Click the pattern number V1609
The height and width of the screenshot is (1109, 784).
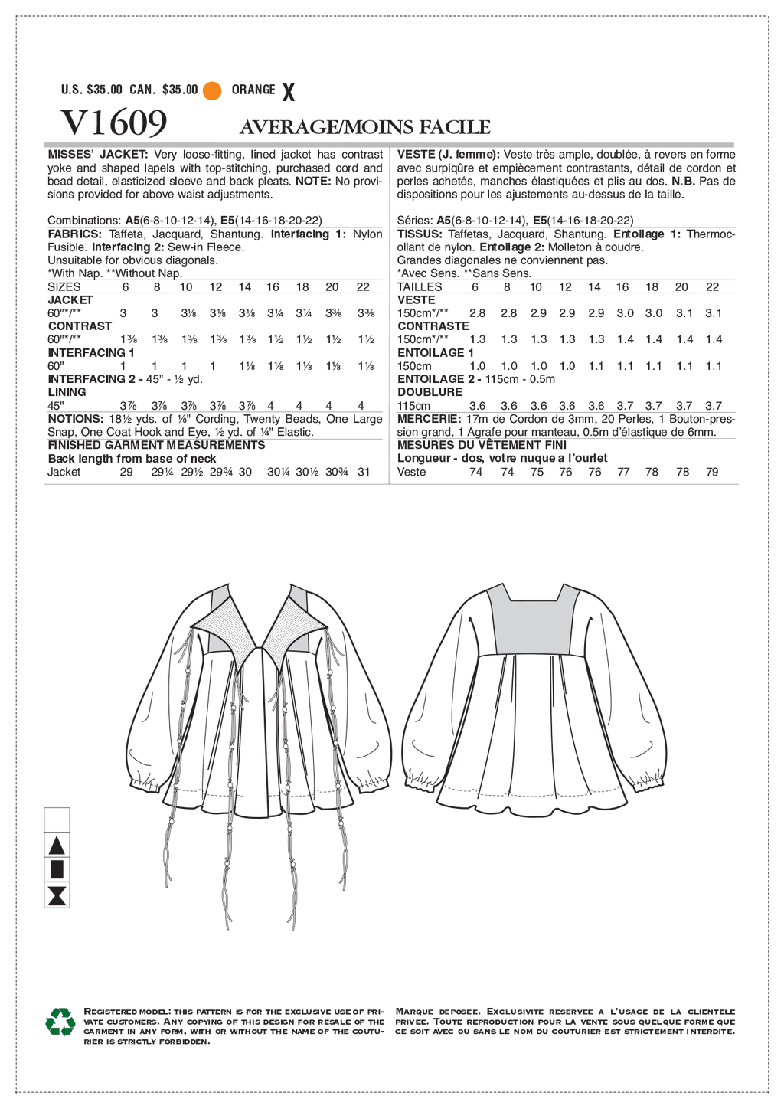pyautogui.click(x=114, y=123)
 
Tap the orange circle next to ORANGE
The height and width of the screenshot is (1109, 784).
pyautogui.click(x=212, y=90)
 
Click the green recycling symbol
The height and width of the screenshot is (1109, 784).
pyautogui.click(x=60, y=1022)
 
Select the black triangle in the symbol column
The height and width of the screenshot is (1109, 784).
pyautogui.click(x=57, y=846)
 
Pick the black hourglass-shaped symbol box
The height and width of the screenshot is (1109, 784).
pyautogui.click(x=57, y=895)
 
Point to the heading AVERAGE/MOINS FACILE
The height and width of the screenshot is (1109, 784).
pyautogui.click(x=365, y=127)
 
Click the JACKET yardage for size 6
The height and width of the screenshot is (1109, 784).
pyautogui.click(x=123, y=313)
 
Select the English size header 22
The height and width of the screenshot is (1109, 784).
pyautogui.click(x=363, y=287)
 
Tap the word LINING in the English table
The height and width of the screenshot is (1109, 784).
pyautogui.click(x=67, y=392)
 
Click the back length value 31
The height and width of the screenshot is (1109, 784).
pyautogui.click(x=364, y=472)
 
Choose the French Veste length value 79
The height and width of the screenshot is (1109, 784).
pyautogui.click(x=712, y=472)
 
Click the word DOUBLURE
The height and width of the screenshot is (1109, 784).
pyautogui.click(x=430, y=392)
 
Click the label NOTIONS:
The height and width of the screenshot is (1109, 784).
pyautogui.click(x=75, y=419)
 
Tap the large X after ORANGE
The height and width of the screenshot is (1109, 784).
pyautogui.click(x=288, y=93)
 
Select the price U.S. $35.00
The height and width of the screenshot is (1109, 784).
pyautogui.click(x=92, y=90)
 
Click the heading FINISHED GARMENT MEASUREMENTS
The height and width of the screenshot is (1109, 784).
pyautogui.click(x=156, y=445)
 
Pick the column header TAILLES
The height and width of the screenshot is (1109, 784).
pyautogui.click(x=420, y=287)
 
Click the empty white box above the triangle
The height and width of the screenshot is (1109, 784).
pyautogui.click(x=57, y=820)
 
